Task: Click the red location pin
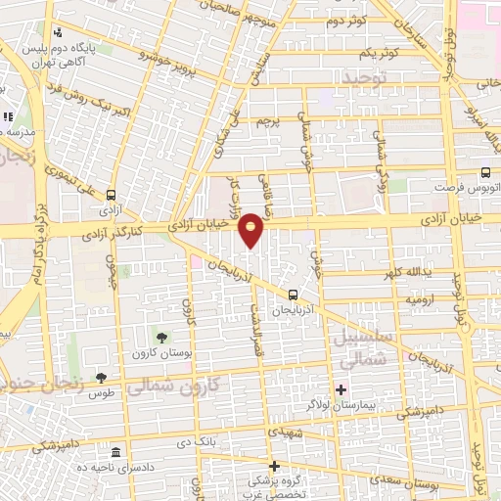pyautogui.click(x=251, y=229)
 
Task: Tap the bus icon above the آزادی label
pyautogui.click(x=111, y=195)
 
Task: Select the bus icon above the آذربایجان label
pyautogui.click(x=294, y=295)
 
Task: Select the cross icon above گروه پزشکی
pyautogui.click(x=275, y=467)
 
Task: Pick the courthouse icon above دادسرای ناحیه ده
pyautogui.click(x=116, y=453)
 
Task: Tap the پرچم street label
pyautogui.click(x=267, y=121)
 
